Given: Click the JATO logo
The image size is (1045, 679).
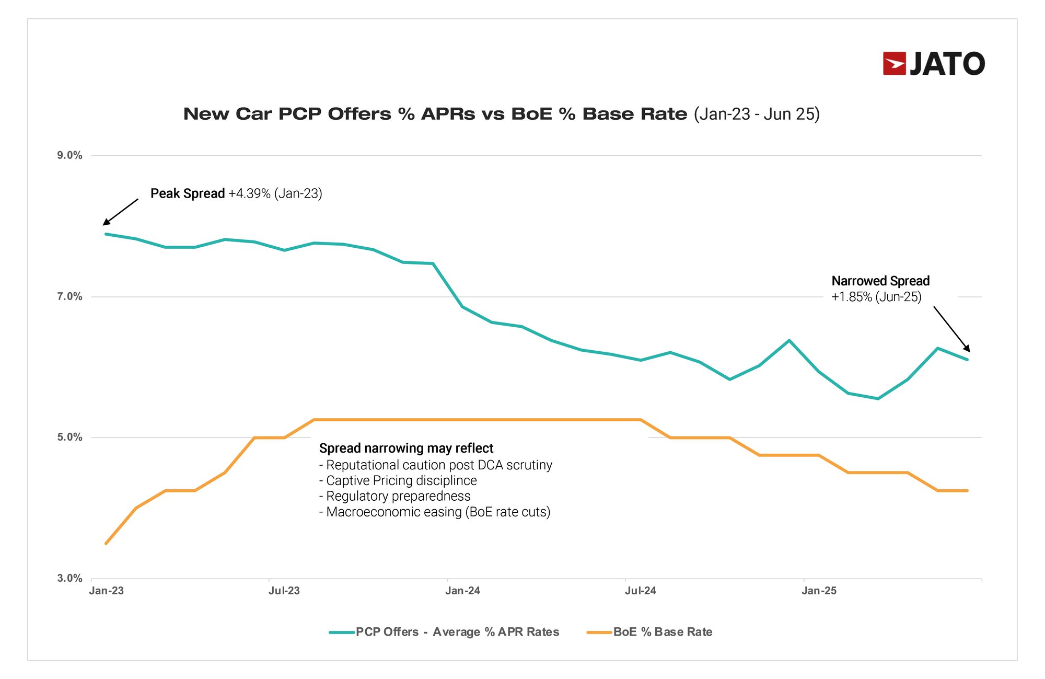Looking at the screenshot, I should click(934, 64).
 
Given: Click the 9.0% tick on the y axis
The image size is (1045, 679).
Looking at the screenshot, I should click(69, 155).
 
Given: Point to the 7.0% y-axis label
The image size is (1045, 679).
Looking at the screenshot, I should click(69, 296).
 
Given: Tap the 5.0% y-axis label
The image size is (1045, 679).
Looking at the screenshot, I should click(69, 437).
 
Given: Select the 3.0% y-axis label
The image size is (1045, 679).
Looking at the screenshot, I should click(69, 578).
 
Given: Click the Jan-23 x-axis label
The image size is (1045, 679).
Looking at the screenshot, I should click(106, 591).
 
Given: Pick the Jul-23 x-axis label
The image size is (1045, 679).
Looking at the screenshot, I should click(284, 591).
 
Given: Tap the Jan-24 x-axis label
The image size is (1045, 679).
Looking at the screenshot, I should click(462, 591).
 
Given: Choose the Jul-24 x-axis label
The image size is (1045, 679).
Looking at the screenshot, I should click(641, 591).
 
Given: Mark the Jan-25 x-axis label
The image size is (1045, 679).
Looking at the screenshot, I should click(819, 591).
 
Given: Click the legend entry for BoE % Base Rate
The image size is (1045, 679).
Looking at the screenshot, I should click(650, 632).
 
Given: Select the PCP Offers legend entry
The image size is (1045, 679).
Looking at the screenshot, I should click(445, 632).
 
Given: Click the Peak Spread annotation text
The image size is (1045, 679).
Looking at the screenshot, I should click(236, 193).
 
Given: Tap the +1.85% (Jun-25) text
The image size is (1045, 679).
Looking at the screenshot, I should click(876, 297).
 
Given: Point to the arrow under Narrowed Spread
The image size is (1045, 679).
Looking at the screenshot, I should click(952, 329).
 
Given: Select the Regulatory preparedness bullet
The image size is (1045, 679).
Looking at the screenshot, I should click(396, 496).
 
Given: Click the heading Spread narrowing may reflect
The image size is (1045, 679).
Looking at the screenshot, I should click(406, 448).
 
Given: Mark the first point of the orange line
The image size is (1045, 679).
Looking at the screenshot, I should click(106, 544).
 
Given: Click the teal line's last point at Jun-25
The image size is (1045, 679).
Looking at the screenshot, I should click(967, 360).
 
